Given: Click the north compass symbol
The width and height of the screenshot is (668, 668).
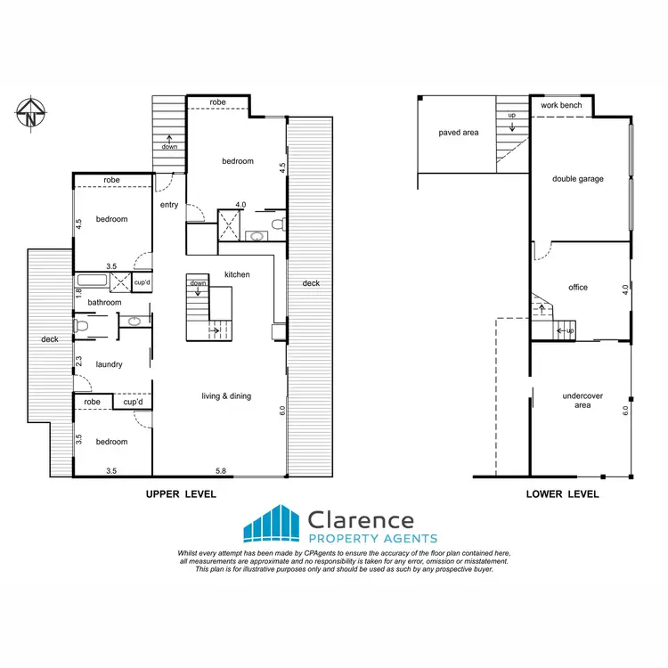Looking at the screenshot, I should [x=30, y=113].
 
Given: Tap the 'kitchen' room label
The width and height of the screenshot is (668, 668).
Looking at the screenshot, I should [x=237, y=274].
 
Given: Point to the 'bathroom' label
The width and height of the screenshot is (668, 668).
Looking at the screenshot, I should [x=104, y=303].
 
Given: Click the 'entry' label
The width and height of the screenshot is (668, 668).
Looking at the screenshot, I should [x=169, y=205].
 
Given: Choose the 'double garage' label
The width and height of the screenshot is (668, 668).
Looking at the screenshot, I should [x=578, y=179].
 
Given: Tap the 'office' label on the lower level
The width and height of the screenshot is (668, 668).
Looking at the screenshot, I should [x=578, y=288].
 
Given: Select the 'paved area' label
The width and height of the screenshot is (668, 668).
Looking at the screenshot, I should [x=459, y=133].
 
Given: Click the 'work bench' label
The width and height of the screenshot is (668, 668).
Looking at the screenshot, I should [x=562, y=105].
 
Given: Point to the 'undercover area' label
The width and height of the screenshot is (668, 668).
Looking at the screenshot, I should [x=577, y=400].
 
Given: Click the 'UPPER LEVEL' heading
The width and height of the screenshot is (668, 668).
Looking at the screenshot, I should [x=181, y=494].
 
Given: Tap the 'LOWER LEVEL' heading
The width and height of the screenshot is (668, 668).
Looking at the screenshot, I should [x=562, y=494].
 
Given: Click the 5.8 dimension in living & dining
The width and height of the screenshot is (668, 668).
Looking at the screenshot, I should [x=219, y=470].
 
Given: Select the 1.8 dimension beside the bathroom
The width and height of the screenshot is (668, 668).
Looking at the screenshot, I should [x=78, y=292].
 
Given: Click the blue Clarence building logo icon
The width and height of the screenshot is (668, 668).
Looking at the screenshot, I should [x=272, y=524].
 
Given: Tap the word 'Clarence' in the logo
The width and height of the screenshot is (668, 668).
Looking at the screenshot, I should [x=360, y=519].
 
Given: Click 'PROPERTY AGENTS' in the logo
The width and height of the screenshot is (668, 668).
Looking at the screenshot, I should [x=372, y=539].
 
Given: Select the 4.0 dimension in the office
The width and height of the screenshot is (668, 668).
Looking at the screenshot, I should [x=626, y=289].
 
